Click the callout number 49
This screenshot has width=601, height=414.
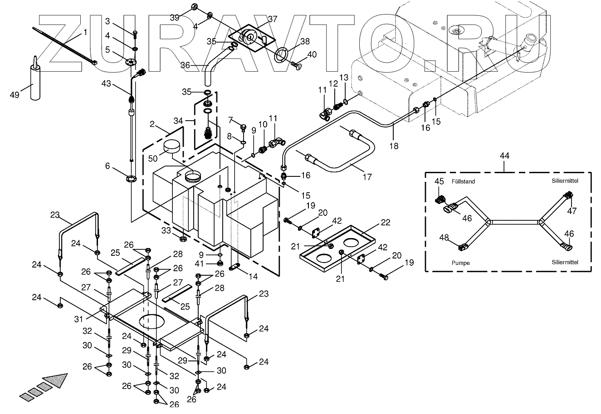[x=15, y=94]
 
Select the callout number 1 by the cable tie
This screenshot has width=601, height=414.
[x=85, y=33]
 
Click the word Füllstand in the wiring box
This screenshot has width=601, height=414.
[x=463, y=181]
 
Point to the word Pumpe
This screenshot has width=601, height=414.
[x=461, y=262]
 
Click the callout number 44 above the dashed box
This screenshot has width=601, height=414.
[x=504, y=156]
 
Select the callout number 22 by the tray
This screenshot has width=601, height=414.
[x=385, y=222]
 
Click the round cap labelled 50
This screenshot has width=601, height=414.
[x=171, y=147]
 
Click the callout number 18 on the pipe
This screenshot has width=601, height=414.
[x=394, y=146]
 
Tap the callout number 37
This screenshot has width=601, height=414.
[x=272, y=19]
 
